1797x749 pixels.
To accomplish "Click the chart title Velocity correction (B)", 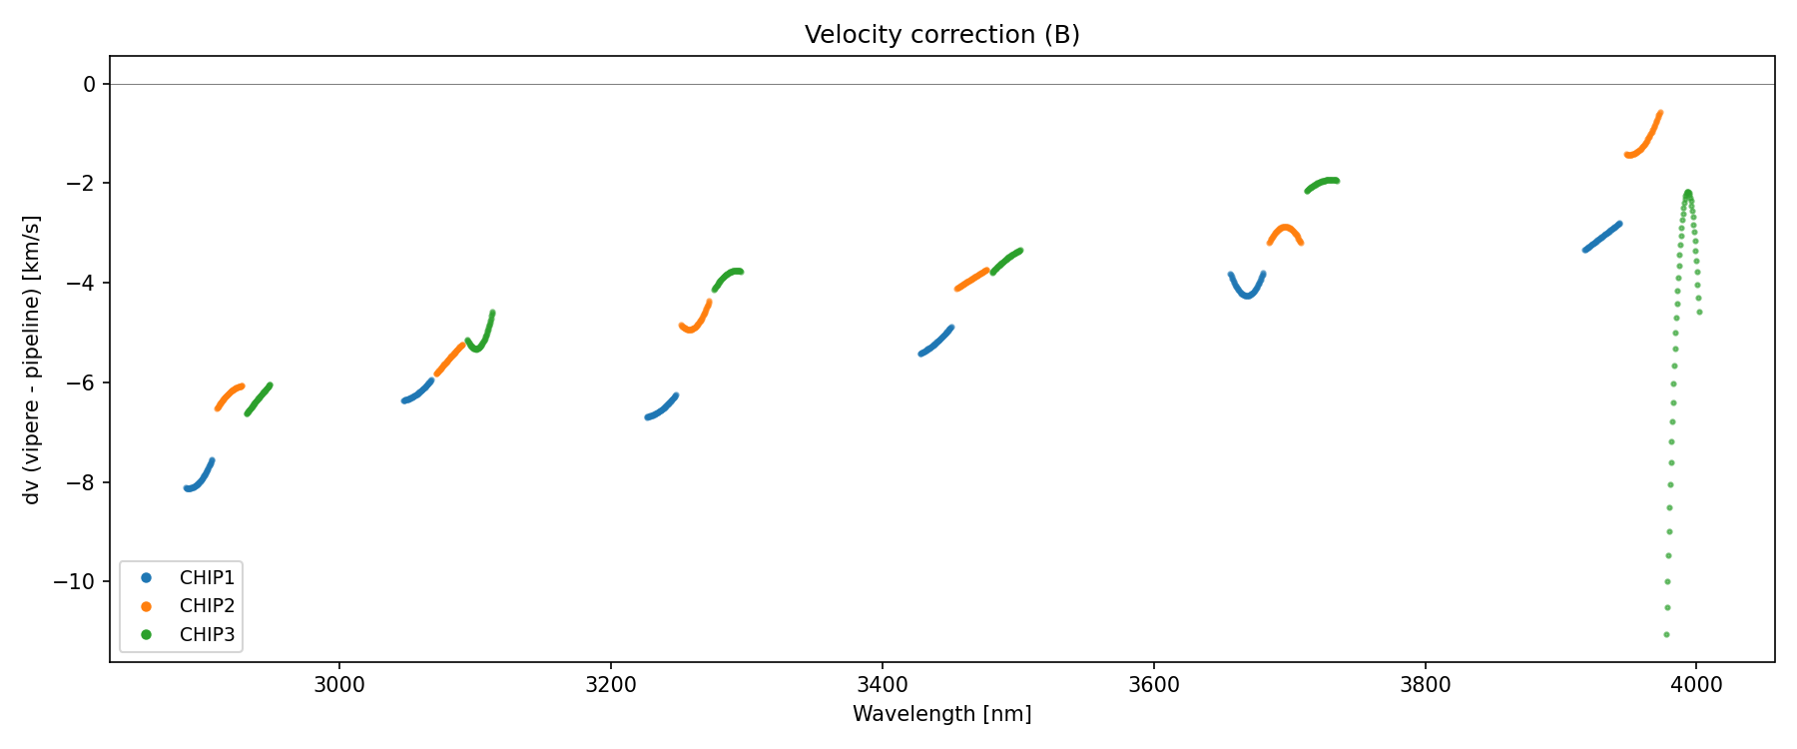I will (x=941, y=35).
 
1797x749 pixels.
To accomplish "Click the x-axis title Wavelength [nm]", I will (x=941, y=714).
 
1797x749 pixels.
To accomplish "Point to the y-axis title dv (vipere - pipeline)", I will (x=32, y=360).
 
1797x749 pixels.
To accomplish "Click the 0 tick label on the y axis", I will (x=90, y=84).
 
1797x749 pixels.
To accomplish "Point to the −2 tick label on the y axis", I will (x=83, y=184).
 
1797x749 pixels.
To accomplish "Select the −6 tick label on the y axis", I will (x=83, y=383).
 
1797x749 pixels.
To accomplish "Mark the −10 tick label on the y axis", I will (x=79, y=582).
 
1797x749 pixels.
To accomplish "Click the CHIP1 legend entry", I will (x=207, y=577).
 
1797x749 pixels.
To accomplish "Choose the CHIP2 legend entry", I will (x=207, y=605).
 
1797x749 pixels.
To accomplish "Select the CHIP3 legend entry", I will (x=207, y=634).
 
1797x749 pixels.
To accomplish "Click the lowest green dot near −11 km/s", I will (x=1666, y=634).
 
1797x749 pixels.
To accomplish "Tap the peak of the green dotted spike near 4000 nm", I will (x=1687, y=193).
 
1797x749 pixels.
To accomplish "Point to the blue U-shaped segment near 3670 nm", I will (x=1247, y=295).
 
